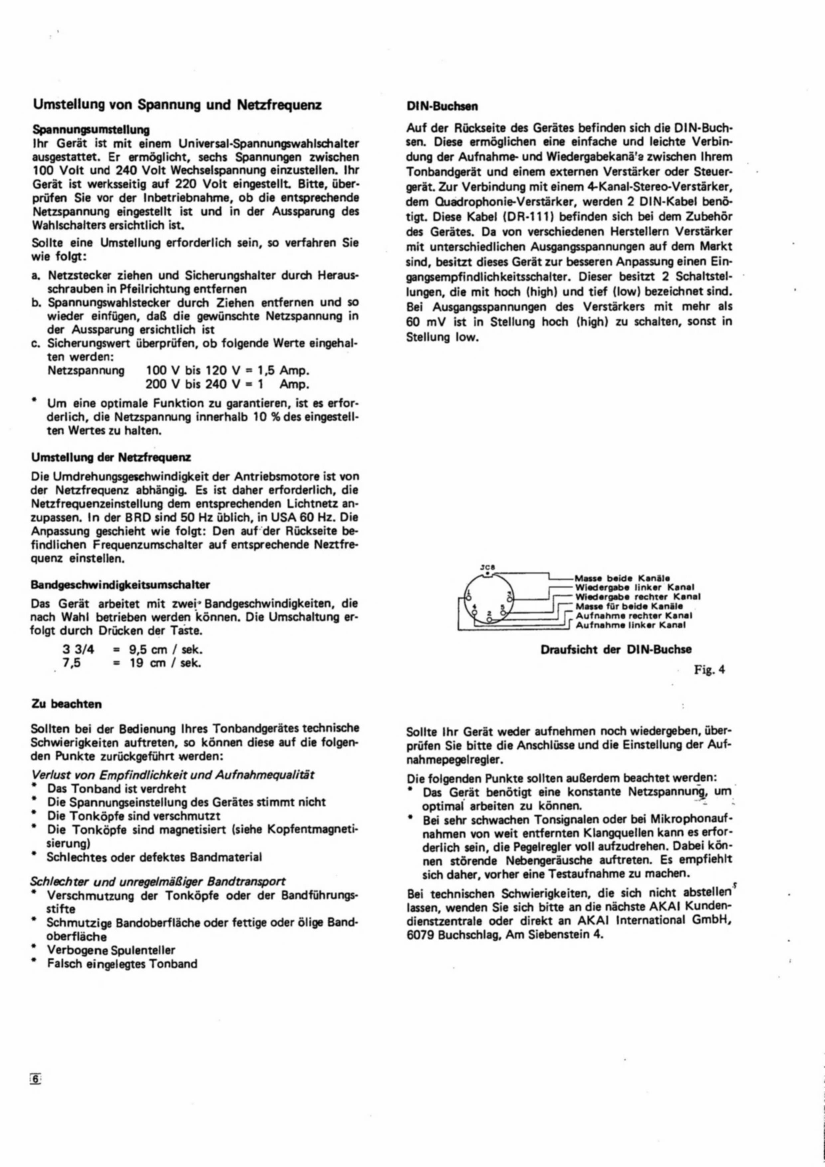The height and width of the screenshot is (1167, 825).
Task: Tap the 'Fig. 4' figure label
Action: click(x=709, y=670)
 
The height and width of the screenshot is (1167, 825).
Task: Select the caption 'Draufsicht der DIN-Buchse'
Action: click(x=616, y=650)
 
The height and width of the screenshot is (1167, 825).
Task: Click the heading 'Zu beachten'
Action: click(x=67, y=704)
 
